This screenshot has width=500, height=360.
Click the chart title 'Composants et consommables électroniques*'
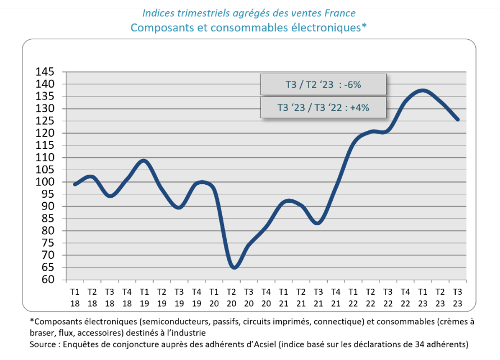coord(249,27)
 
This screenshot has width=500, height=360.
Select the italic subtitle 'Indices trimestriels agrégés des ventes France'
coord(249,12)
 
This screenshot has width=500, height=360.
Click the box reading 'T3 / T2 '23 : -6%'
coord(323,85)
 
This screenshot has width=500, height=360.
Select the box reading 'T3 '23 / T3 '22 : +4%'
coord(323,107)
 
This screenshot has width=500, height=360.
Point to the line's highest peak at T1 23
coord(423,90)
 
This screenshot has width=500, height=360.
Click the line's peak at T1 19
coord(144,161)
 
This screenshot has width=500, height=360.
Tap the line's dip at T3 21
coord(318,223)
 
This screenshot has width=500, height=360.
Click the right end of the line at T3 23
coord(458,120)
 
